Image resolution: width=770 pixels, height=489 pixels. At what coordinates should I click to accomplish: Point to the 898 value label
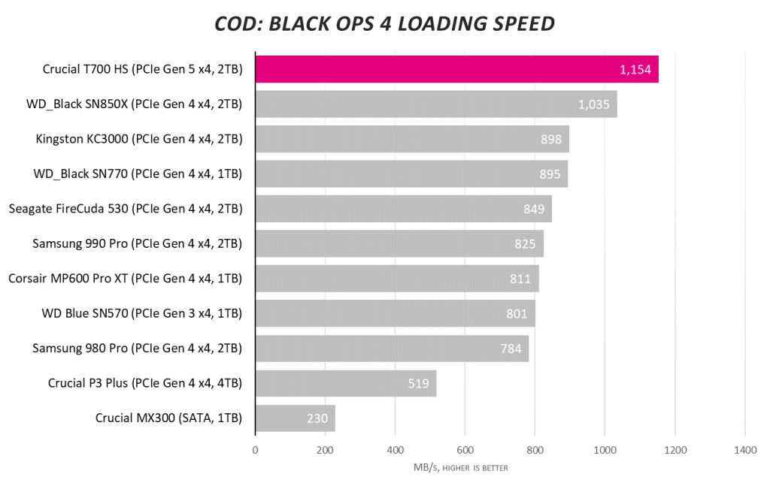coord(552,139)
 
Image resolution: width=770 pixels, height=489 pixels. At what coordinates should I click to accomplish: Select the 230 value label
coord(317,418)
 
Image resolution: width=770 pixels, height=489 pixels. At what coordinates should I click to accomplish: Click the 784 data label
coord(511,349)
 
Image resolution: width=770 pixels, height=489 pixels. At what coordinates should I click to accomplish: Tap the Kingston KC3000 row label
coord(139,139)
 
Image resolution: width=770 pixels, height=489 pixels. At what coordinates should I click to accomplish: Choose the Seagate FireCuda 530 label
coord(125,209)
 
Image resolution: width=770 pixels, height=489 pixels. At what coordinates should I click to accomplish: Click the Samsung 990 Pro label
coord(138,243)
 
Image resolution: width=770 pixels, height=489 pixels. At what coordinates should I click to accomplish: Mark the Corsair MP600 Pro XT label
coord(125,279)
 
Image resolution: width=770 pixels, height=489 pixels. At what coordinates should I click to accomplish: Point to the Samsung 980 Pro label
coord(138,349)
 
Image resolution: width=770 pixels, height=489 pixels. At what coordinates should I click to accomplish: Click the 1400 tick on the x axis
coord(744,451)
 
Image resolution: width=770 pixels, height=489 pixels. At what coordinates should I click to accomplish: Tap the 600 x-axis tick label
coord(465,451)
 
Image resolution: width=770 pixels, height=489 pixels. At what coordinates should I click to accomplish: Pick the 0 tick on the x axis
coord(256,451)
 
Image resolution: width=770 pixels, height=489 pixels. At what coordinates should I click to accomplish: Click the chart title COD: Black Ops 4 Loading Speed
coord(384,24)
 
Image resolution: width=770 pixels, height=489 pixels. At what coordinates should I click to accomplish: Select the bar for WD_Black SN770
coord(411,174)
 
